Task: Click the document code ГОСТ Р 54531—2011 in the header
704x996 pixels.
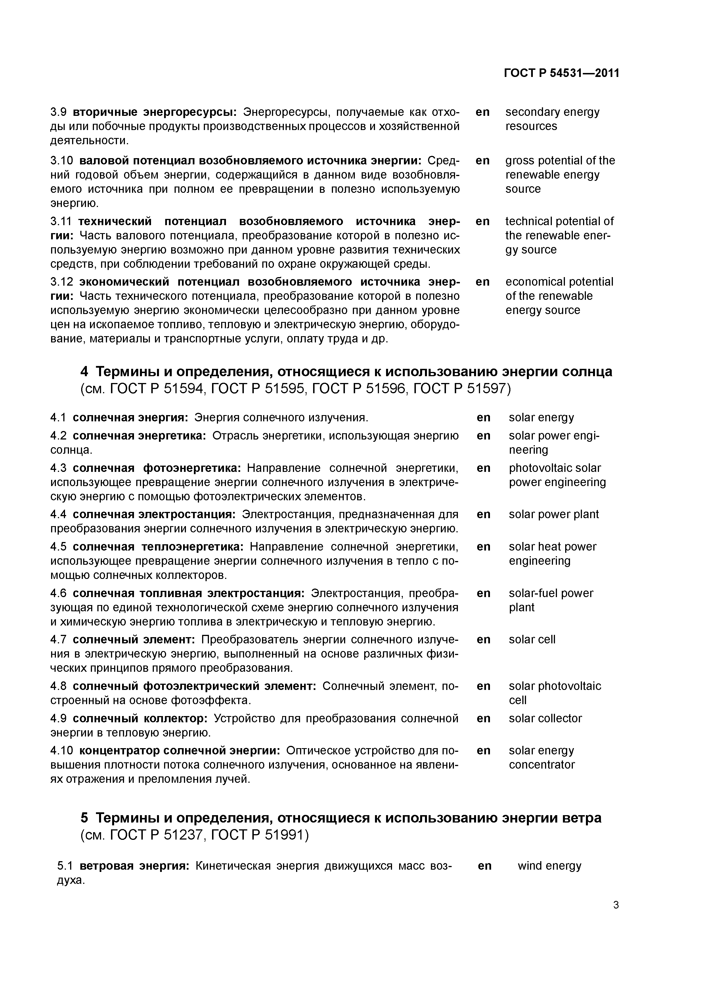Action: click(561, 73)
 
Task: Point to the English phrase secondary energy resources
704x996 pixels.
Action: click(552, 119)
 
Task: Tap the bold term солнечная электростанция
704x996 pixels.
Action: click(154, 514)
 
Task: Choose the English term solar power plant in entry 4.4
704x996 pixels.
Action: click(554, 514)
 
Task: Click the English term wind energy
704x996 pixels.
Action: click(549, 866)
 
